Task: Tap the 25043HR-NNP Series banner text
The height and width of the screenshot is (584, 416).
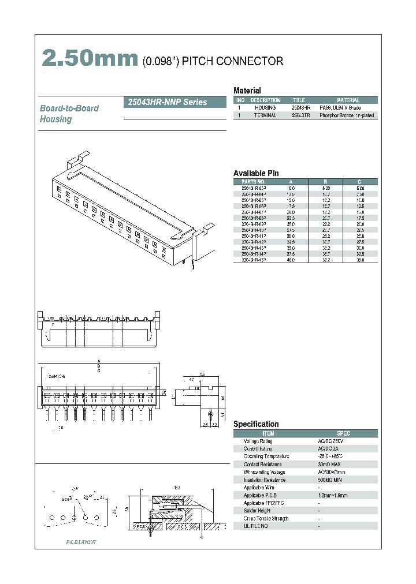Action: (x=166, y=102)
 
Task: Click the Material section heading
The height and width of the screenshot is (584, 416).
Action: (x=247, y=91)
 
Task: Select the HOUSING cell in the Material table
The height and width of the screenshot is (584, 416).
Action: (x=265, y=108)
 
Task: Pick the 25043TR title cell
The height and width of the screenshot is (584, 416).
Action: (x=301, y=115)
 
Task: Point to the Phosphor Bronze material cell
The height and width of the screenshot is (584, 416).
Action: (x=347, y=115)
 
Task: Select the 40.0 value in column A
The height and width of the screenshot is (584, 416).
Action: (x=291, y=260)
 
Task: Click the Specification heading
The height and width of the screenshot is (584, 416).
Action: (x=256, y=424)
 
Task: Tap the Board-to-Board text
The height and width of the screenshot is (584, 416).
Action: (x=69, y=108)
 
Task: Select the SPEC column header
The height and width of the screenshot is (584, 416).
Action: (x=343, y=433)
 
